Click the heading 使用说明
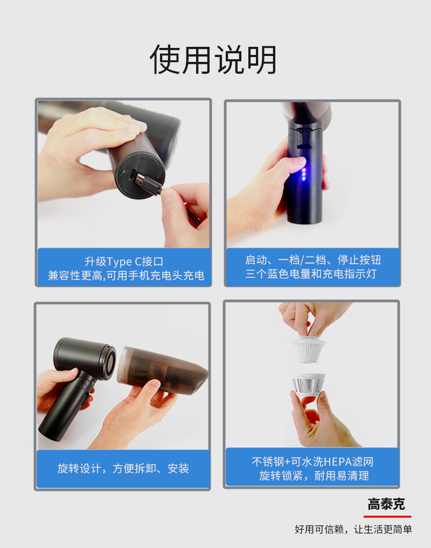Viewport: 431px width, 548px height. pos(213,60)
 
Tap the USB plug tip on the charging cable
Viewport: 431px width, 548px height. pos(140,179)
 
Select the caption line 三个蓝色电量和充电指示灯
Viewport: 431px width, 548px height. pos(311,273)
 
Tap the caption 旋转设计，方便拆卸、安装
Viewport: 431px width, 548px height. pos(123,468)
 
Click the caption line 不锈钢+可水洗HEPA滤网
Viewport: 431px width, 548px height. pos(312,462)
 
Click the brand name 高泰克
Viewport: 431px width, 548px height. pos(386,504)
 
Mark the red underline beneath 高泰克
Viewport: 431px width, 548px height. pos(387,516)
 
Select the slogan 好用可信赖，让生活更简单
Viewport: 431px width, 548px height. pos(353,529)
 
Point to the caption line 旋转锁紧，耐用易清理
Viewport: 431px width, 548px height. pos(314,476)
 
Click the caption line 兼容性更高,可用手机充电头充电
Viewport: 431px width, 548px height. pos(126,276)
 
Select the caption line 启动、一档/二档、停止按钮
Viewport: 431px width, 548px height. pos(313,259)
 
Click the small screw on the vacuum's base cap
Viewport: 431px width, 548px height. pos(123,173)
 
